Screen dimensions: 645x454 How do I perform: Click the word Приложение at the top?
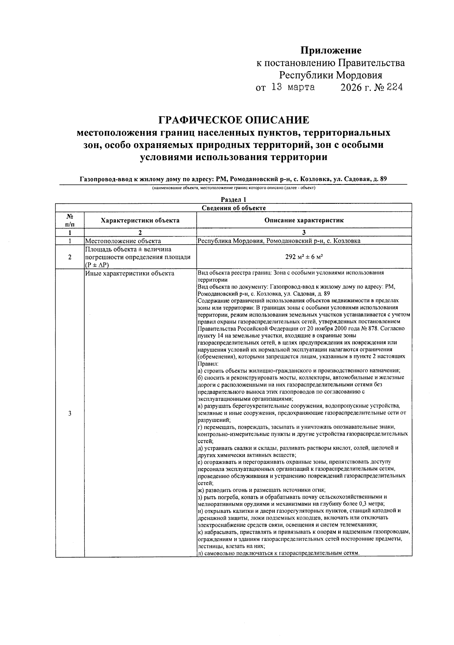[x=331, y=50]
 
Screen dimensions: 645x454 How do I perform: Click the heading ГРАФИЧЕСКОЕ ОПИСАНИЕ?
[x=233, y=120]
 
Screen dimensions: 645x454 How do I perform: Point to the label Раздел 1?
[x=233, y=200]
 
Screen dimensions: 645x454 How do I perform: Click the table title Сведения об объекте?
[x=233, y=208]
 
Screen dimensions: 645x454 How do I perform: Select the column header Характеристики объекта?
[x=140, y=220]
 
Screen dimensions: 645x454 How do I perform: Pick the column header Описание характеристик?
[x=304, y=220]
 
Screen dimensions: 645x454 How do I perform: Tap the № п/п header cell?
[x=70, y=220]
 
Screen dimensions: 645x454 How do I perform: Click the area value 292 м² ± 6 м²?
[x=304, y=257]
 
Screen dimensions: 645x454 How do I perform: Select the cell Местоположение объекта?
[x=123, y=241]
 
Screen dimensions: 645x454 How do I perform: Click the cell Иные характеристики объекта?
[x=130, y=273]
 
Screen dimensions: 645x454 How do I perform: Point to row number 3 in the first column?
[x=70, y=413]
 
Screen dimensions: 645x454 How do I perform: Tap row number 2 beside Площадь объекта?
[x=70, y=257]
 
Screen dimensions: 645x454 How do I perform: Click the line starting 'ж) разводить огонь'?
[x=261, y=490]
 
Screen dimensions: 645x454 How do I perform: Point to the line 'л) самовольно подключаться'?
[x=278, y=553]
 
